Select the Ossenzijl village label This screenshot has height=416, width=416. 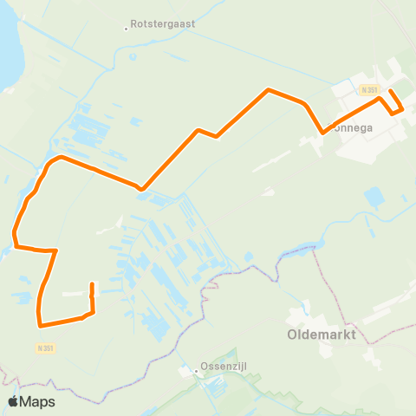click(x=223, y=367)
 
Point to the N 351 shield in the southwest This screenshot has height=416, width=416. click(x=46, y=348)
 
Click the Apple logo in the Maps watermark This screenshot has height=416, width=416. click(x=13, y=401)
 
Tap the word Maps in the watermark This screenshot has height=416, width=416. click(x=37, y=401)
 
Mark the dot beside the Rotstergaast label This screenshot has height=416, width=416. click(x=126, y=28)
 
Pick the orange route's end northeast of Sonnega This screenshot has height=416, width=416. click(x=389, y=91)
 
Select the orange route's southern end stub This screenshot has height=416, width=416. click(x=92, y=284)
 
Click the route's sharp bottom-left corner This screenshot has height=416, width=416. click(x=40, y=326)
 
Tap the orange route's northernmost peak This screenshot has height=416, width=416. click(x=270, y=89)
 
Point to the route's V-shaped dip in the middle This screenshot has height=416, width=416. click(x=140, y=188)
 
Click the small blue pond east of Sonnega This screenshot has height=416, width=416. click(x=374, y=198)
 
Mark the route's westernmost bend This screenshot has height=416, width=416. click(x=14, y=232)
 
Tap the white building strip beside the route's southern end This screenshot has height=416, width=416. click(x=75, y=294)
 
